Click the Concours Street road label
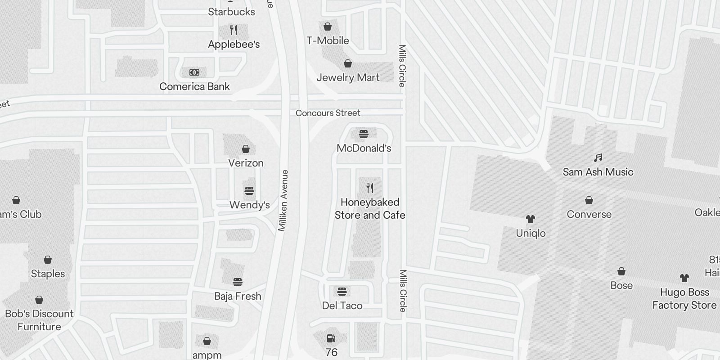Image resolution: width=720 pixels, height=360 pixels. click(328, 113)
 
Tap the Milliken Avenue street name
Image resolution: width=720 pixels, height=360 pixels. click(283, 201)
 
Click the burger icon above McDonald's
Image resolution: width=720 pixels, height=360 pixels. click(364, 134)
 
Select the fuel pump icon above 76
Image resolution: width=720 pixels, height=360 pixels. click(331, 338)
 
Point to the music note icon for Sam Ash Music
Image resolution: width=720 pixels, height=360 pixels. click(598, 158)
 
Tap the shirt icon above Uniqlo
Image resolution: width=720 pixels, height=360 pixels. click(531, 219)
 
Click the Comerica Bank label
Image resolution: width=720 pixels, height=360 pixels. click(194, 86)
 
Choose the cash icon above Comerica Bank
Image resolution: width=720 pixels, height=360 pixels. click(194, 72)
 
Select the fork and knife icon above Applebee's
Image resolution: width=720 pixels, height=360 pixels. click(234, 30)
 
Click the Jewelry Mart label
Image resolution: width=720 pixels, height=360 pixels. click(348, 77)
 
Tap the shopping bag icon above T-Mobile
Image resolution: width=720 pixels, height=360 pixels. click(328, 27)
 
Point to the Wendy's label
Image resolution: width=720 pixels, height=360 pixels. click(249, 205)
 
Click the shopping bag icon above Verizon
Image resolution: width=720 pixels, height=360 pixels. click(246, 149)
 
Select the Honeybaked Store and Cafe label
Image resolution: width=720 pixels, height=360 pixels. click(370, 209)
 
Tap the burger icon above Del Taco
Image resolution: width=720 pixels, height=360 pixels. click(342, 291)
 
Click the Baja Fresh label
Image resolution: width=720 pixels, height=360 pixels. click(238, 296)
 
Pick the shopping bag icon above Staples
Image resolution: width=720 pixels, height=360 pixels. click(48, 260)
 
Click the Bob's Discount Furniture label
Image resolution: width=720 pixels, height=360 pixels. click(39, 320)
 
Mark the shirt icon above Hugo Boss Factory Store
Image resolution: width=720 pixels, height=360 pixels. click(684, 278)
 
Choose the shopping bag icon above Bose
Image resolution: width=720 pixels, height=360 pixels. click(621, 271)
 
